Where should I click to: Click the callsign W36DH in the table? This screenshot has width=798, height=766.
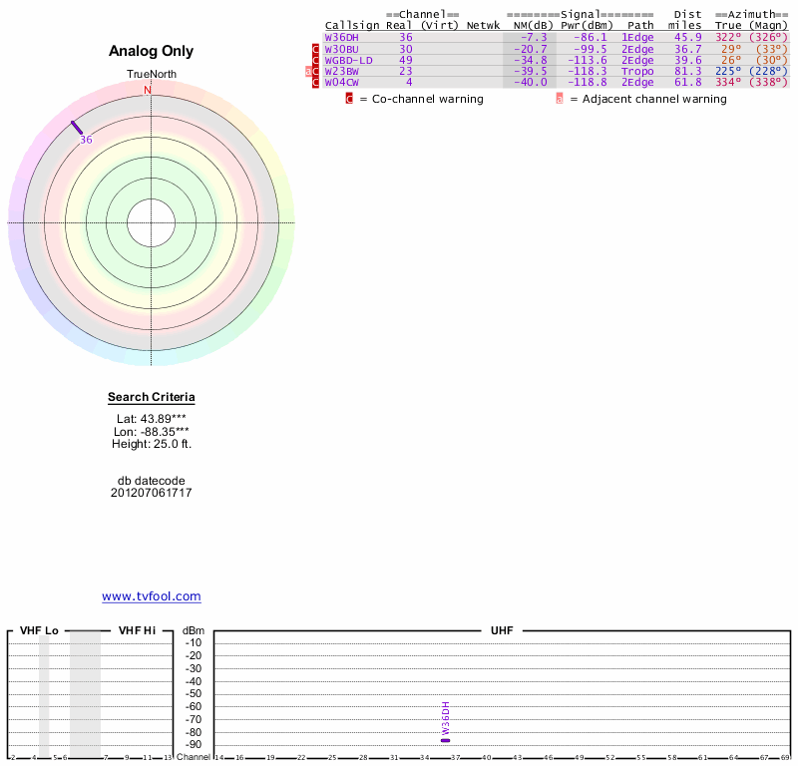[342, 37]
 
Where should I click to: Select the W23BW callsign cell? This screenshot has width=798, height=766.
[341, 71]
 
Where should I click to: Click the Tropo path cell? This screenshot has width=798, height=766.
[637, 71]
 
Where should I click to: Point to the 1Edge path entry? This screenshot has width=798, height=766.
[637, 37]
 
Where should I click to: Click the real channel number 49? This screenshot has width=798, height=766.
[406, 60]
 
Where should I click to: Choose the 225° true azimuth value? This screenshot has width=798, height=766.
[728, 71]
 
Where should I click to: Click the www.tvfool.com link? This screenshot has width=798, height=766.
[152, 596]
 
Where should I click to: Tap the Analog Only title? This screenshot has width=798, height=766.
[152, 51]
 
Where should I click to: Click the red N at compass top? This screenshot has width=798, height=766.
[148, 91]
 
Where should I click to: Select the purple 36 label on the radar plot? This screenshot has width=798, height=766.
[86, 141]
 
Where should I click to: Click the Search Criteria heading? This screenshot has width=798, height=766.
[152, 397]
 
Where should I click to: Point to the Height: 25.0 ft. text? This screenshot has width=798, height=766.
[152, 444]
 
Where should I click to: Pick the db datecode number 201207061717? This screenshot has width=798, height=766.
[152, 493]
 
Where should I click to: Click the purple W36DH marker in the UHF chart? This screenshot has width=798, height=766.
[446, 739]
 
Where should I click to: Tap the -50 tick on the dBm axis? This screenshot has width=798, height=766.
[194, 693]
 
